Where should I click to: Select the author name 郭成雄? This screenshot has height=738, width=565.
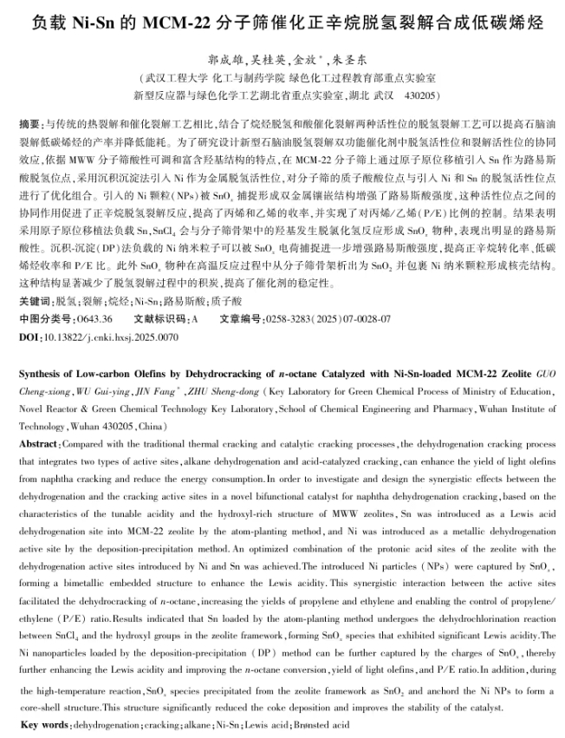224,62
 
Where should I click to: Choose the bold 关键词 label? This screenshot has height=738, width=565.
34,301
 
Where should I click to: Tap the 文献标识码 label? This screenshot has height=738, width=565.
162,318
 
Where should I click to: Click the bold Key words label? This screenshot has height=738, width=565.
44,723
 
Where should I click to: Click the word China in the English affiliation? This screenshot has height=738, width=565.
149,427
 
